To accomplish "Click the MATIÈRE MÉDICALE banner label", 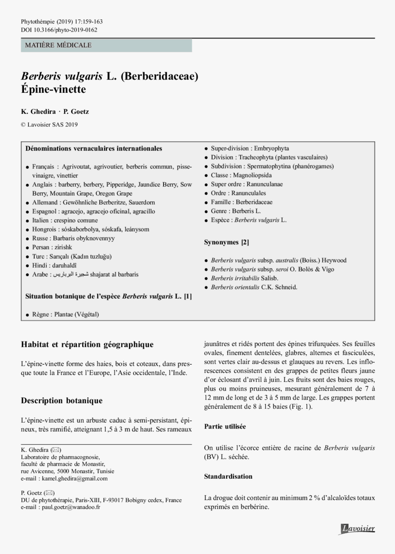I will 58,45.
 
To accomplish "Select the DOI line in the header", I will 59,30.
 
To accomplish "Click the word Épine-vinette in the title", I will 53,89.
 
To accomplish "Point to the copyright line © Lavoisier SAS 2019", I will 50,124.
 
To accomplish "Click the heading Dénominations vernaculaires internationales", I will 94,149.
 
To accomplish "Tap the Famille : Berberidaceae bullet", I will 242,202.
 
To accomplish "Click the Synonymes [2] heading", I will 226,242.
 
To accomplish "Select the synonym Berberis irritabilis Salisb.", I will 244,278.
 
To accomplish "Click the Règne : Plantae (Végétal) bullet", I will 65,315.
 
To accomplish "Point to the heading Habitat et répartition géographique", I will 87,345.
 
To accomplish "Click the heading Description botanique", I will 62,401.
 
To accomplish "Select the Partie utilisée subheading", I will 225,427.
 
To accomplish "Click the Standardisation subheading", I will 228,476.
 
